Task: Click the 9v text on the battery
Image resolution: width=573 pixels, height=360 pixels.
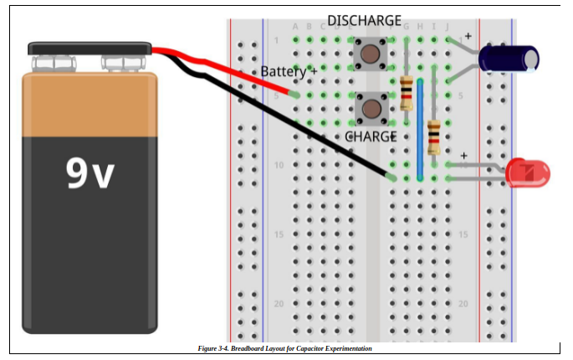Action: point(90,172)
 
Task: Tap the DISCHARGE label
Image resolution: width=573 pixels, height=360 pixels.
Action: point(364,20)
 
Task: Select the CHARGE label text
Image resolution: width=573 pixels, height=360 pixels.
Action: point(371,136)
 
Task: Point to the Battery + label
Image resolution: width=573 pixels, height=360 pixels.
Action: point(289,72)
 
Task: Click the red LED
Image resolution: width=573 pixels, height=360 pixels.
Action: point(528,173)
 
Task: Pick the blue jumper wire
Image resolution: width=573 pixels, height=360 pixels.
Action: point(419,130)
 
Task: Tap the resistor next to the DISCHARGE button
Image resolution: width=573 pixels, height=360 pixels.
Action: point(407,93)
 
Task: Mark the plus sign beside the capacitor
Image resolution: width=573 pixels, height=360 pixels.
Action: point(468,36)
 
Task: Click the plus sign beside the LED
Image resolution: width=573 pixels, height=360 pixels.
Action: point(463,156)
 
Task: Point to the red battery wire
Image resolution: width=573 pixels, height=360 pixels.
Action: point(226,66)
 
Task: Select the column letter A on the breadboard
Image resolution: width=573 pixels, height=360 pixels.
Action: point(295,27)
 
